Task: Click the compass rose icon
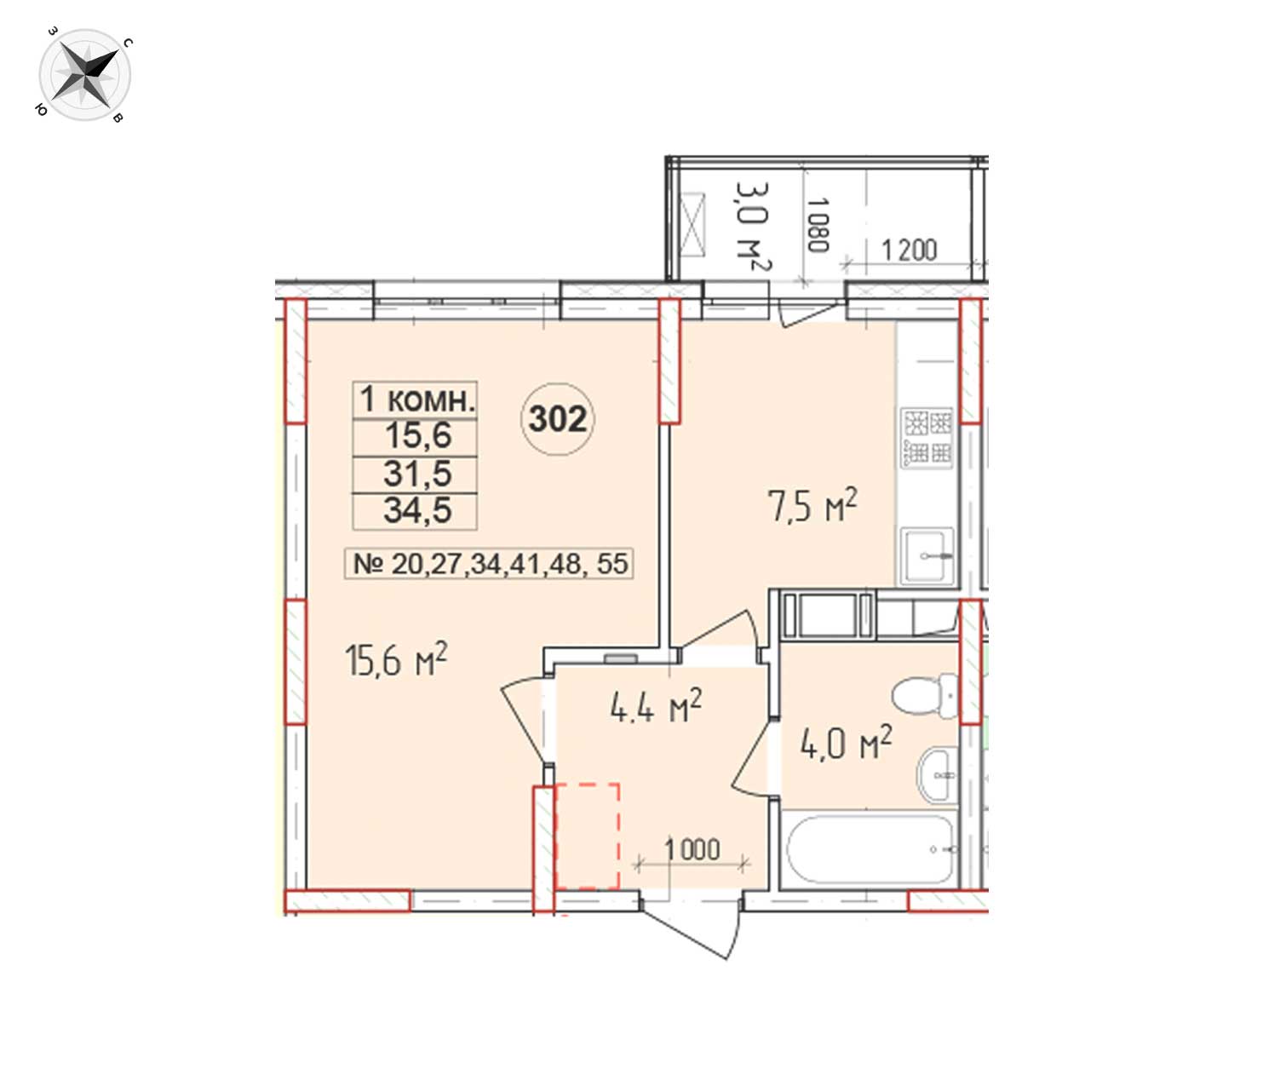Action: [x=84, y=75]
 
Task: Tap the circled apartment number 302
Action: [x=558, y=419]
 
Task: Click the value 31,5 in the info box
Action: [x=416, y=474]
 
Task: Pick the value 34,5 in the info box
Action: [x=416, y=510]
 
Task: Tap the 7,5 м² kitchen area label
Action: [x=812, y=505]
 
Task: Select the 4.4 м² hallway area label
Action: [x=657, y=705]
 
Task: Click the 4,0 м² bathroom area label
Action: [x=847, y=742]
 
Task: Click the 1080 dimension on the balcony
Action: [x=818, y=225]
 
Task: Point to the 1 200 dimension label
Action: [x=909, y=250]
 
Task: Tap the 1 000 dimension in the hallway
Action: [x=692, y=849]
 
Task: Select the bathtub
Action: [x=870, y=849]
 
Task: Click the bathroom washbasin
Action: [x=939, y=774]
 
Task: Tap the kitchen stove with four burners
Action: [x=927, y=438]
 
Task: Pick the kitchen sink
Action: [x=927, y=555]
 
